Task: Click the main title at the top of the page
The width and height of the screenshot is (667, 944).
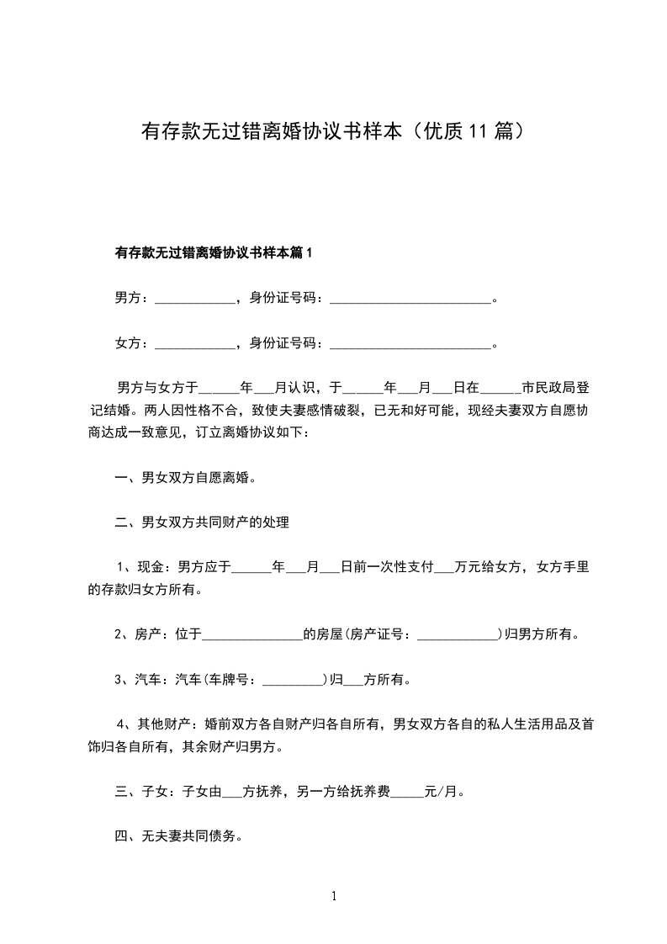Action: click(333, 132)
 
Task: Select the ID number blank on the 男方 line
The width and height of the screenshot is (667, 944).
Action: click(410, 299)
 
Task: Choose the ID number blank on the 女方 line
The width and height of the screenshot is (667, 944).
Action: click(410, 344)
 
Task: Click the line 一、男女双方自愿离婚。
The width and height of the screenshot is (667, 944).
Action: click(186, 478)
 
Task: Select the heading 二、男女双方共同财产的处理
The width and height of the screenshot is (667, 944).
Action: click(203, 523)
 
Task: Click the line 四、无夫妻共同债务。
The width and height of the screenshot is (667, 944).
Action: click(179, 836)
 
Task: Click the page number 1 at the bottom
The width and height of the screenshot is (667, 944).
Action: click(334, 897)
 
